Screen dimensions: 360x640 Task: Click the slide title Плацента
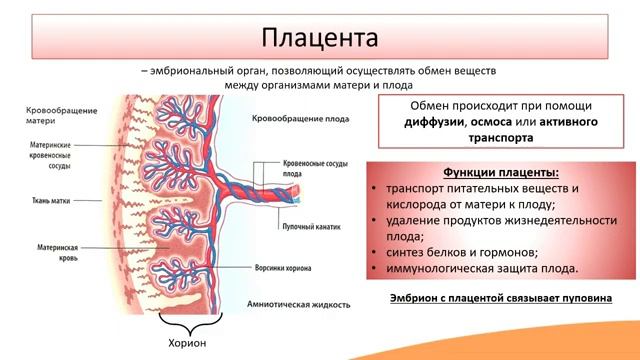pyautogui.click(x=320, y=38)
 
